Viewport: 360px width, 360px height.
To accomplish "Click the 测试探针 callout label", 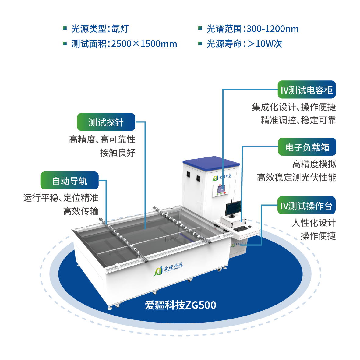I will (x=106, y=122).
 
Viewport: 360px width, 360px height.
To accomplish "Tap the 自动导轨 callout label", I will (x=69, y=181).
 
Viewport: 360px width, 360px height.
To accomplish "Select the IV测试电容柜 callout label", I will (x=306, y=90).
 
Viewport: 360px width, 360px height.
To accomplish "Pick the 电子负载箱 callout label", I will (x=307, y=147).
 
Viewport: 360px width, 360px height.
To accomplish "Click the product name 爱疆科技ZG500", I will (x=180, y=305).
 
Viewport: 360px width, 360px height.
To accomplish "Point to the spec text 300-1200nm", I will (x=273, y=29).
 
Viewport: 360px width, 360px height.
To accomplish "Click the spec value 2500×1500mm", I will (x=144, y=44).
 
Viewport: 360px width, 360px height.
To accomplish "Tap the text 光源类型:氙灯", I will (x=100, y=29).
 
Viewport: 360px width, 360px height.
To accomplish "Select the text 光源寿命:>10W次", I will (x=244, y=44).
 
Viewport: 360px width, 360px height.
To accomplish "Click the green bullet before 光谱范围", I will (x=200, y=28).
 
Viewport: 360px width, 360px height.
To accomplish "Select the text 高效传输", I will (x=81, y=211).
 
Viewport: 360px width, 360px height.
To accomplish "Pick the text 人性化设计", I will (x=313, y=223).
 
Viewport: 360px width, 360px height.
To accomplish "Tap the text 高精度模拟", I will (x=314, y=164).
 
